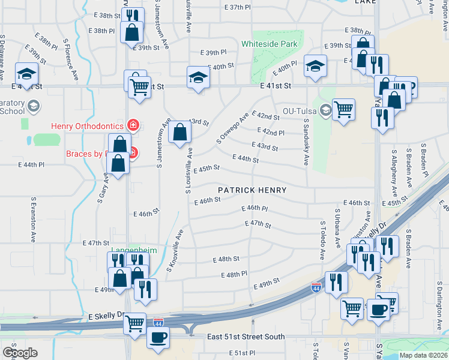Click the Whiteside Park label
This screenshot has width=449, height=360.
[x=269, y=44]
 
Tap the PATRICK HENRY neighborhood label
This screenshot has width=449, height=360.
[x=252, y=190]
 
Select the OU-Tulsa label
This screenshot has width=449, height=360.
[x=299, y=110]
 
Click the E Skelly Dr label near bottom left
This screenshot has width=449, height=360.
[x=106, y=315]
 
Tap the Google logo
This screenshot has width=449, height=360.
[x=20, y=352]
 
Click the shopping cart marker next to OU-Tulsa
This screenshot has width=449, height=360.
[x=343, y=110]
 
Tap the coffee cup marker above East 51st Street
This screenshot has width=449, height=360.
[x=158, y=338]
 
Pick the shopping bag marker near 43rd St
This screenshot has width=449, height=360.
[x=179, y=132]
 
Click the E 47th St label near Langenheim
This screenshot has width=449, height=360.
[x=95, y=243]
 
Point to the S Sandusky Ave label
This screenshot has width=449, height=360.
[x=306, y=142]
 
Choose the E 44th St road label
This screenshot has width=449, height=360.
[x=245, y=158]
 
